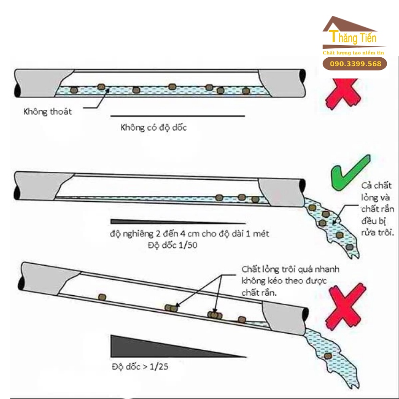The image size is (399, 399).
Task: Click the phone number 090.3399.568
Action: click(x=355, y=64)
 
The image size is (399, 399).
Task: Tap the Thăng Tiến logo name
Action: click(x=353, y=38)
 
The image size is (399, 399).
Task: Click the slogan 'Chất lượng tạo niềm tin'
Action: click(x=353, y=53)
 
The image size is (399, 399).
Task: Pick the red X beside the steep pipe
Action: click(x=346, y=307)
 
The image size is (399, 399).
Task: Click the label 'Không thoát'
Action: click(x=48, y=112)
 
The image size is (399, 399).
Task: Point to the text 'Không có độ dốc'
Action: click(x=153, y=127)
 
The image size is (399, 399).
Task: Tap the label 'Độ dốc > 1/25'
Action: click(x=140, y=366)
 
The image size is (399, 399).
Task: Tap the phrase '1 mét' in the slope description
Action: click(x=257, y=233)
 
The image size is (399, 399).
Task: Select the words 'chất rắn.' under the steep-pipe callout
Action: click(x=261, y=292)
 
